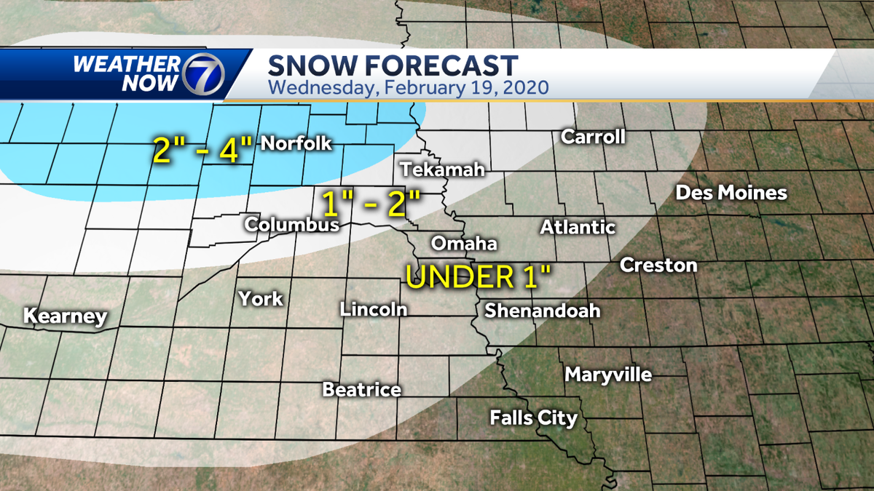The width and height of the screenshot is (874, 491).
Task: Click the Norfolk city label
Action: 296,143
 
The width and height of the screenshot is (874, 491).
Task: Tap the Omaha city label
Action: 464,244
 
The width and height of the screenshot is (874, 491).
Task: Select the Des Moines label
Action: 731,193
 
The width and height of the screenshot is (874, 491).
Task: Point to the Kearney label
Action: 66,317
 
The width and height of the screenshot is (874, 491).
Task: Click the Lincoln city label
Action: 373,309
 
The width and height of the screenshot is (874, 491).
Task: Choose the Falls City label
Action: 534,418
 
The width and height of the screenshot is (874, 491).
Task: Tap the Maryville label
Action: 608,375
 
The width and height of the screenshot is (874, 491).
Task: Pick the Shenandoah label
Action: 543,311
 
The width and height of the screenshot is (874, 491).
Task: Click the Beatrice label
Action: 362,390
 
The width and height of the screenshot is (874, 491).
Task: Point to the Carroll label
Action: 593,137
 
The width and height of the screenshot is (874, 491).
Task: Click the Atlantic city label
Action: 578,228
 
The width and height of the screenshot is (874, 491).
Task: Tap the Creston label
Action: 658,266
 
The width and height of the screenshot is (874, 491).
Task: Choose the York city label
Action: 261,298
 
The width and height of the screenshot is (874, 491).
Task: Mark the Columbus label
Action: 292,225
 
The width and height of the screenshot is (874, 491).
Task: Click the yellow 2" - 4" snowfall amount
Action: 202,151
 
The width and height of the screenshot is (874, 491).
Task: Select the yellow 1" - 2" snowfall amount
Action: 371,204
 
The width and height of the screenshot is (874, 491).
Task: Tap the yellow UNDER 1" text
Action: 479,277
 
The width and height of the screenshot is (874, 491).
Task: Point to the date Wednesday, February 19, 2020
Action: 408,88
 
